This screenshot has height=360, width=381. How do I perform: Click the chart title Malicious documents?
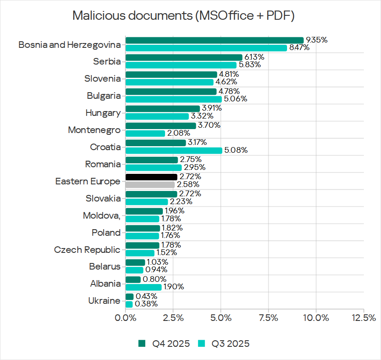tap(183, 16)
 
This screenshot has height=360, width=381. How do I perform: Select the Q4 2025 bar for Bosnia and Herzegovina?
tap(214, 40)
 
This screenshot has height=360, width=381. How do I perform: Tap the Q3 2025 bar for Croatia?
tap(174, 151)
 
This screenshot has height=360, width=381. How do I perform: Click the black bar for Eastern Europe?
tap(151, 177)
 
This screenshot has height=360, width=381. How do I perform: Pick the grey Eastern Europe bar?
tap(150, 185)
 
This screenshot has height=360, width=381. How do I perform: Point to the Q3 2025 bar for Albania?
tap(144, 287)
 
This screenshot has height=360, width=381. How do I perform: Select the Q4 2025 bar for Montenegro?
tap(161, 126)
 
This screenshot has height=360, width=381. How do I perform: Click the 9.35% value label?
tap(316, 40)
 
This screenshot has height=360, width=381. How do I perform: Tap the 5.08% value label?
tap(236, 151)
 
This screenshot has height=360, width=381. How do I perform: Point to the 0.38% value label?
tap(146, 304)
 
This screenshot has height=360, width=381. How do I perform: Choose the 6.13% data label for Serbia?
tap(254, 57)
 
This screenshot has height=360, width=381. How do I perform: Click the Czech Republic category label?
tap(87, 250)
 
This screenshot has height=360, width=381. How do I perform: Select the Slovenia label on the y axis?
tap(102, 79)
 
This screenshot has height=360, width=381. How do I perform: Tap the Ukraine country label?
tap(104, 301)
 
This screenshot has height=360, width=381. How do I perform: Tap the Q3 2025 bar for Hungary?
tap(157, 116)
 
